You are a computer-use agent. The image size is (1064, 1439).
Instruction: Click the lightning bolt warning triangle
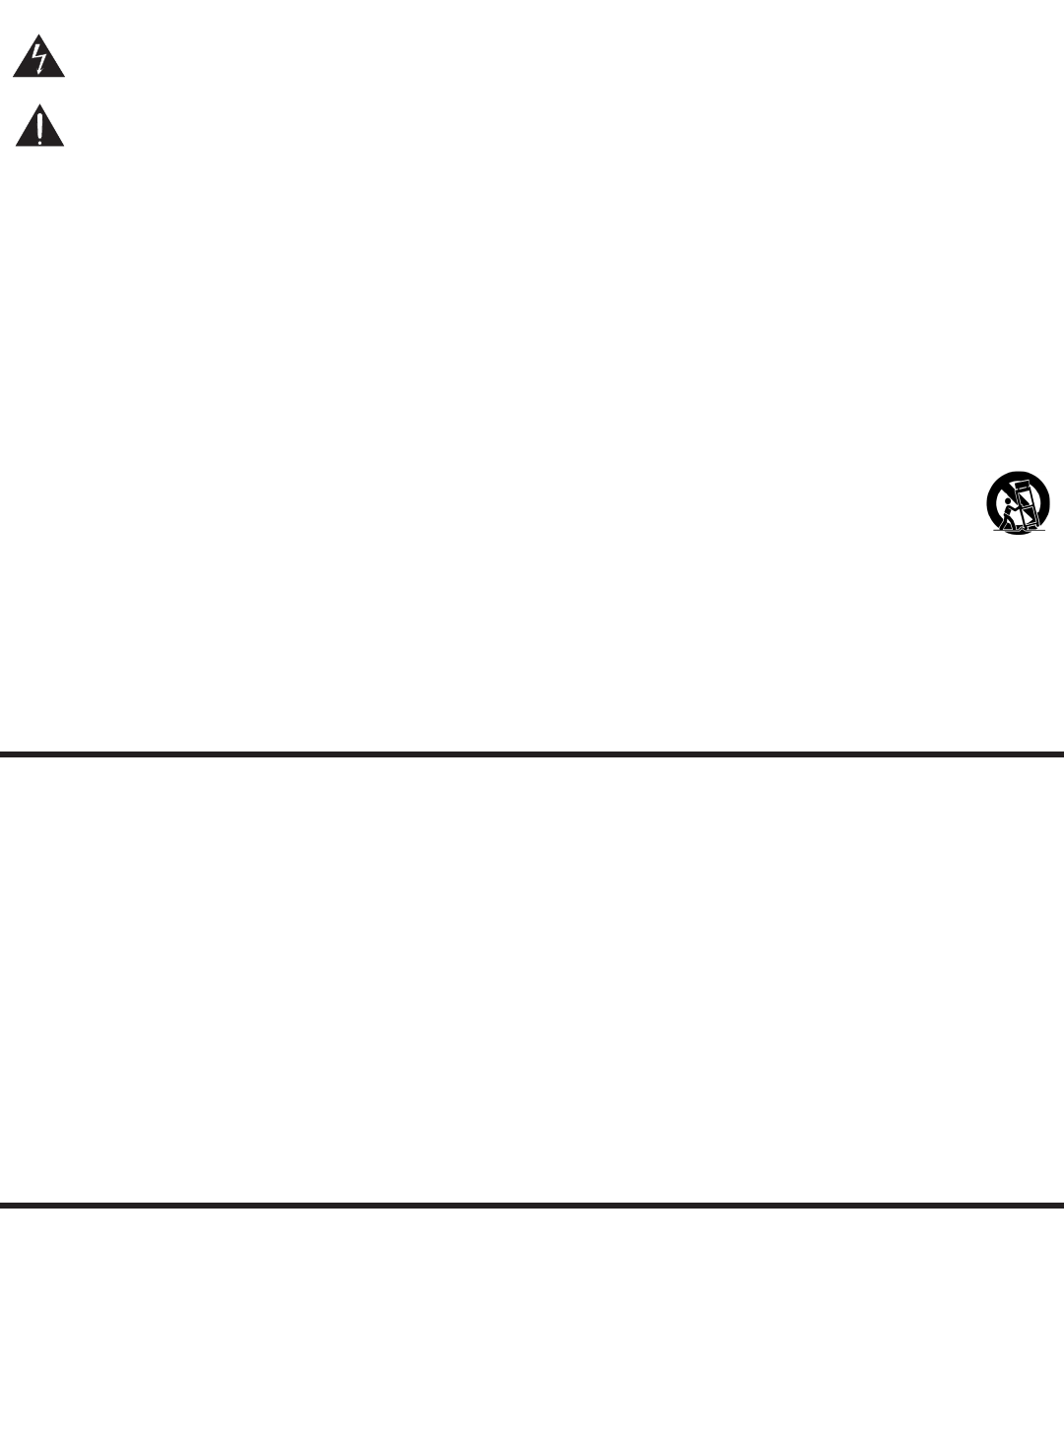point(39,61)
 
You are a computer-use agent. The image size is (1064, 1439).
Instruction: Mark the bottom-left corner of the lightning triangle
point(14,77)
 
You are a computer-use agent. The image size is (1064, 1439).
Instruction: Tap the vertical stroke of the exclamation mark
point(39,125)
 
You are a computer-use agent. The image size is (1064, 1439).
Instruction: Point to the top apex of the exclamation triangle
point(39,105)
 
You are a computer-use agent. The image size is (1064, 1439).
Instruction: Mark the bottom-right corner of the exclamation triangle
point(64,146)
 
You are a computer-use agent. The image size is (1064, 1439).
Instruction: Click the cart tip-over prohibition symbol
point(1018,503)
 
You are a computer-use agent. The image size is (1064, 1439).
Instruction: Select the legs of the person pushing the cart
point(1007,523)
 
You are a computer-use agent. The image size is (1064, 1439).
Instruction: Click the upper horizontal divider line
point(532,754)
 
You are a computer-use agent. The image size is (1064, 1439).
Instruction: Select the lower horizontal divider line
point(532,1205)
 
